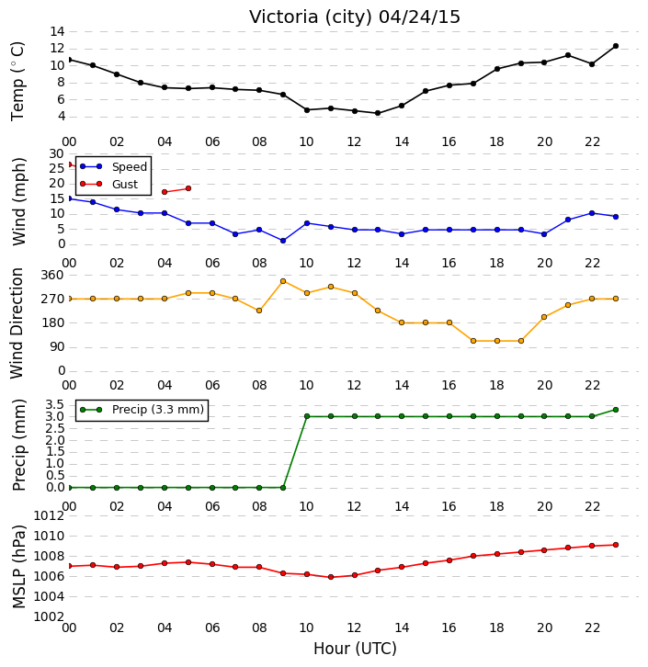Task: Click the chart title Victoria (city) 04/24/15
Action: [x=355, y=17]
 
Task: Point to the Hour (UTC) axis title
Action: [x=355, y=649]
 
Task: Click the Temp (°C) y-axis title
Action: [x=17, y=81]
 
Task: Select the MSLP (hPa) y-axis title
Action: [x=18, y=567]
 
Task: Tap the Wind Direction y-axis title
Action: [x=17, y=322]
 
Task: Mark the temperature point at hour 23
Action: [x=616, y=46]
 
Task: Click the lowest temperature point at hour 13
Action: [x=378, y=113]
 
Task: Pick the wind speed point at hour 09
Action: [x=283, y=241]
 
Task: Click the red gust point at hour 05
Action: [x=188, y=188]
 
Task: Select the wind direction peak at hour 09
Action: [x=283, y=281]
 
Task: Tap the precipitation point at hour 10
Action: [x=307, y=416]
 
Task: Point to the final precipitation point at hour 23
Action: [x=616, y=410]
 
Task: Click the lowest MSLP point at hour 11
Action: [x=331, y=577]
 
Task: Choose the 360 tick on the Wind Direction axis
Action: [x=52, y=275]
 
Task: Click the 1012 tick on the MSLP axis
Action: [x=49, y=516]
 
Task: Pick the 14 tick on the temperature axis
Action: [x=57, y=31]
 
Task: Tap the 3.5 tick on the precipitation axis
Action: [x=55, y=404]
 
